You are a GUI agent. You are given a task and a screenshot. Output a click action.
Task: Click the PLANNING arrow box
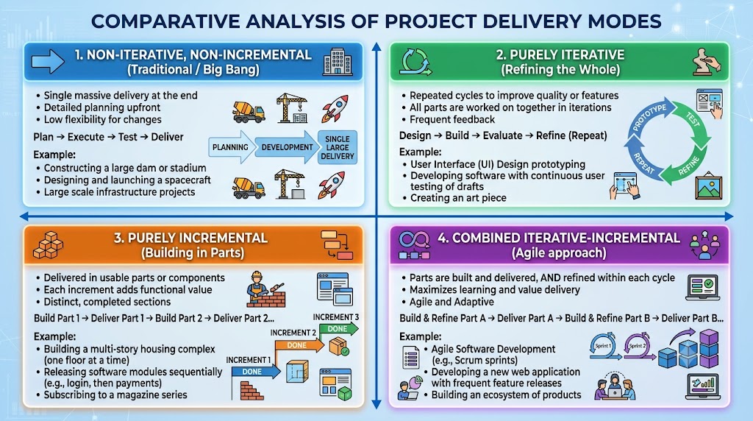(230, 147)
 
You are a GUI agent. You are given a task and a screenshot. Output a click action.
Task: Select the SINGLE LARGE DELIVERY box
(337, 147)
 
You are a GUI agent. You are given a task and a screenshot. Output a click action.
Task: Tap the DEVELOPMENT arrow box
(286, 147)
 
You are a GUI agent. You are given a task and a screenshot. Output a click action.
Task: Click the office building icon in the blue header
(337, 62)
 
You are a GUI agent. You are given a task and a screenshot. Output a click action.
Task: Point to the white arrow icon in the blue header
(48, 62)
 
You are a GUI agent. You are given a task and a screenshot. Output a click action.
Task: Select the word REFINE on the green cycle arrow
(688, 166)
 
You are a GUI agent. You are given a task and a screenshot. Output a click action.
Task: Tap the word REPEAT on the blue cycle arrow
(644, 163)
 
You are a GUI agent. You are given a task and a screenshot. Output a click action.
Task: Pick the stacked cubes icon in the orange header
(48, 245)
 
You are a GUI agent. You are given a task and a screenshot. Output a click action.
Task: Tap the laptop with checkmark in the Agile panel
(702, 287)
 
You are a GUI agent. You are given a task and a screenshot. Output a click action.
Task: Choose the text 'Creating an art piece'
(458, 198)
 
